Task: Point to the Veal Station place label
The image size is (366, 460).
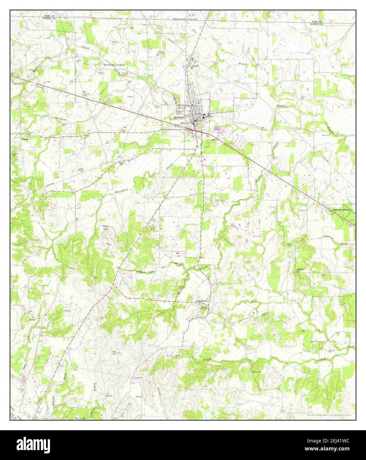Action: point(202,301)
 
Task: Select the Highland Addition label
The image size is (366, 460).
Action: point(341,210)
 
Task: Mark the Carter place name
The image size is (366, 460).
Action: point(32,320)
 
